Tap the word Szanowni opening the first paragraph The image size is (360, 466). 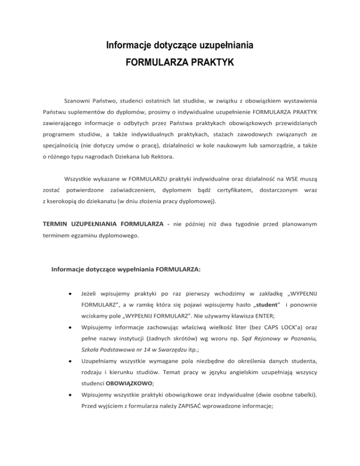78,100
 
